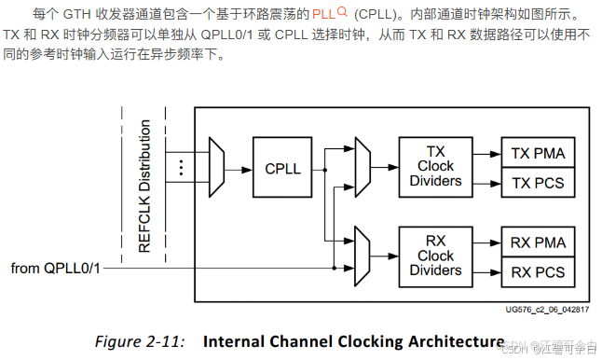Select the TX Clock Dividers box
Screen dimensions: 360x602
(x=435, y=165)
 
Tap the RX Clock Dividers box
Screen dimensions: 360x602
(x=435, y=256)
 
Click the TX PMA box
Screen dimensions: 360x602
(x=539, y=153)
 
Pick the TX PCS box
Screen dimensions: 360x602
(x=539, y=182)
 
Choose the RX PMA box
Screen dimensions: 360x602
(x=539, y=242)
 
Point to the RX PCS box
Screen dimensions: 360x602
(x=539, y=271)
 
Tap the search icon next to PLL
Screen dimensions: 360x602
(x=342, y=13)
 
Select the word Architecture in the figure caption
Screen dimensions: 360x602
(x=448, y=340)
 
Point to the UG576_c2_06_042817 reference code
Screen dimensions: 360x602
(x=547, y=310)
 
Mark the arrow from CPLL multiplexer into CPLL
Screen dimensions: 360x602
(x=239, y=169)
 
